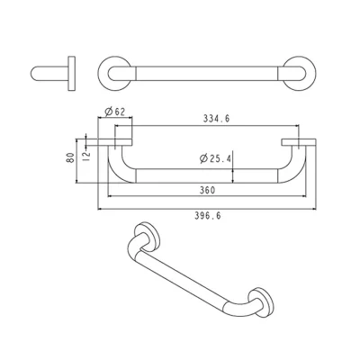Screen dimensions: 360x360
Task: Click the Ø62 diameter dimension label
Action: (x=114, y=112)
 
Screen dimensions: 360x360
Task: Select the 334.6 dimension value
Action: (x=216, y=119)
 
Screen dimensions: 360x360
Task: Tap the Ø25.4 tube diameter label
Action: (x=216, y=158)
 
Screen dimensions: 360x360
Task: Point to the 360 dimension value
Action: (x=207, y=190)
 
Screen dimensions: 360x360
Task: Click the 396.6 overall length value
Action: (x=208, y=216)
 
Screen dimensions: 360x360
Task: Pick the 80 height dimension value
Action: (x=70, y=157)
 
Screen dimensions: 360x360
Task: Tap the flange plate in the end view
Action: (x=71, y=74)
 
